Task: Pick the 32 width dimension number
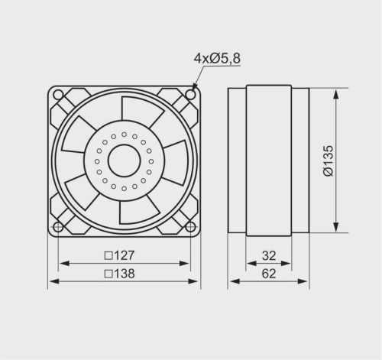tap(268, 255)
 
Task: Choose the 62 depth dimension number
tap(268, 272)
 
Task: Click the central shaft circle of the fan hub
tap(123, 161)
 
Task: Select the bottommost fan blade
tap(138, 210)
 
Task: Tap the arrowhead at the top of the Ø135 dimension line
tap(336, 92)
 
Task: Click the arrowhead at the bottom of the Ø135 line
tap(336, 229)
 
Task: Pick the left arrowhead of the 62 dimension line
tap(232, 281)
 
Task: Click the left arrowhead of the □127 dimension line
tap(61, 264)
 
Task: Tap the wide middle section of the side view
tap(268, 161)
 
